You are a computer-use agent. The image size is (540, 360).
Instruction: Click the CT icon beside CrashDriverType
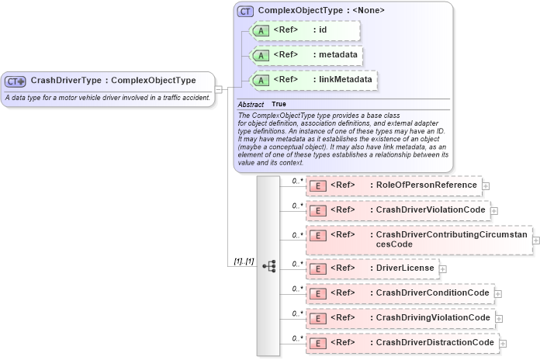[x=16, y=81]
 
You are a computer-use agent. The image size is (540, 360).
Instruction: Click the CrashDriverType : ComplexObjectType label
[x=112, y=81]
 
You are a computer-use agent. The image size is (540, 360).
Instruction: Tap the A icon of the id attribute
[x=261, y=30]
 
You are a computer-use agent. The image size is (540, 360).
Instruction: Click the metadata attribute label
[x=335, y=55]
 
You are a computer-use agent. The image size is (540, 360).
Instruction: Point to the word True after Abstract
[x=279, y=104]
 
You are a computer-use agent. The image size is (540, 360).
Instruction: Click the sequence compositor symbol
[x=269, y=266]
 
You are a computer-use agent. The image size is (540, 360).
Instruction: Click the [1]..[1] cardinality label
[x=244, y=261]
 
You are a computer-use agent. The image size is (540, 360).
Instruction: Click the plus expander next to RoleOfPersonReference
[x=486, y=186]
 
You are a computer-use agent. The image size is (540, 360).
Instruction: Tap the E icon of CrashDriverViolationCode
[x=317, y=210]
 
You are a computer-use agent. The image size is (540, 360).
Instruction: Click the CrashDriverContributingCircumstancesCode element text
[x=450, y=239]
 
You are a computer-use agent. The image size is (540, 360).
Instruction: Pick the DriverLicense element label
[x=403, y=268]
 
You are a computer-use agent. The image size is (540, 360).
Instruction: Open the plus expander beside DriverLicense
[x=443, y=268]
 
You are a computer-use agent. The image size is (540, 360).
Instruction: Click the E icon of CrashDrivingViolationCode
[x=317, y=318]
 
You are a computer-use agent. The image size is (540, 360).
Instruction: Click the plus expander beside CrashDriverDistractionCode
[x=503, y=343]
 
